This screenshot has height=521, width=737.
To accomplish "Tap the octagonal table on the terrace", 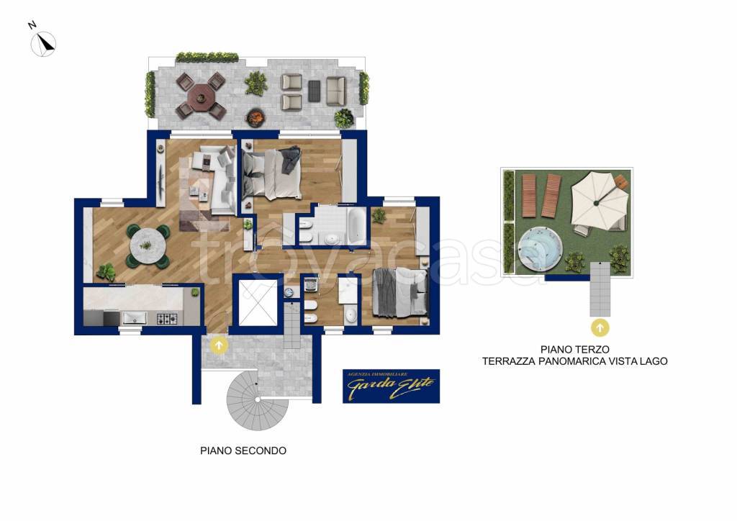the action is (201, 96).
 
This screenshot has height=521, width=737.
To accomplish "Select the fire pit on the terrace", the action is (256, 117).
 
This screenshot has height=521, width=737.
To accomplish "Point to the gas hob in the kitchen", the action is (167, 319).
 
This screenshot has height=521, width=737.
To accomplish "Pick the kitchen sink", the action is (135, 318).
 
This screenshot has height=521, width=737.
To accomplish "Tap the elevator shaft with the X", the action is (258, 303).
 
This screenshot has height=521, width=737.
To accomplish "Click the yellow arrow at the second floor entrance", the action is (219, 345).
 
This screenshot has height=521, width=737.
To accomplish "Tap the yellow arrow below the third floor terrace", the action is (600, 327).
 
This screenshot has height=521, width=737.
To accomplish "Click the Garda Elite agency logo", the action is (391, 386).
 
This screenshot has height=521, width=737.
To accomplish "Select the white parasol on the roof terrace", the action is (597, 201).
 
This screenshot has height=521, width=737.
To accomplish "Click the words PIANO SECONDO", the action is (243, 450).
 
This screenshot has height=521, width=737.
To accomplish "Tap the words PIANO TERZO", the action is (575, 350).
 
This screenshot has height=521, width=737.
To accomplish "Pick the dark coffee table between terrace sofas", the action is (314, 91).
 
